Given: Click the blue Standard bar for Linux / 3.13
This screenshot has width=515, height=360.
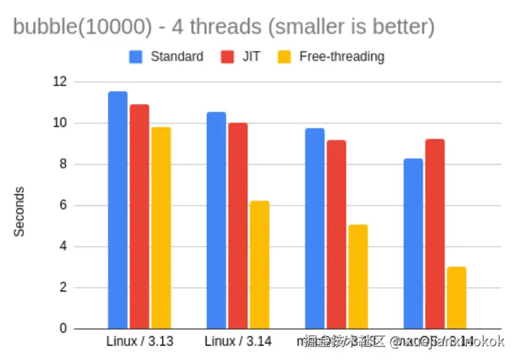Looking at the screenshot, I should (x=118, y=210).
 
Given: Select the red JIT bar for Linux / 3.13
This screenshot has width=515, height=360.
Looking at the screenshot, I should (x=139, y=216).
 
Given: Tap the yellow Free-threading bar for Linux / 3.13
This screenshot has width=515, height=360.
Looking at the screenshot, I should (x=161, y=228).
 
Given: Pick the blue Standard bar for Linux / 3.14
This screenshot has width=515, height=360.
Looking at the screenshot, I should (x=216, y=220).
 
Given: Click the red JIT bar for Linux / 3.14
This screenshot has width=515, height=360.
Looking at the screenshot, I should (x=238, y=226).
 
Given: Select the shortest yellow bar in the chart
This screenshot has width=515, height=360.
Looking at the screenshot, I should (x=457, y=298).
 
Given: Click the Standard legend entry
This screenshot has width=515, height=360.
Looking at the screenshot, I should (x=167, y=56).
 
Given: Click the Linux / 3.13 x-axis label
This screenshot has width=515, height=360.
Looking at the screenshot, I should (x=140, y=341).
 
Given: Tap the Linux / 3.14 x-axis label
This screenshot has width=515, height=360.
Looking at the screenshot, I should (x=238, y=341).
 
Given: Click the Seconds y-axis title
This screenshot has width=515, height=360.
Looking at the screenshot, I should (x=19, y=211).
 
